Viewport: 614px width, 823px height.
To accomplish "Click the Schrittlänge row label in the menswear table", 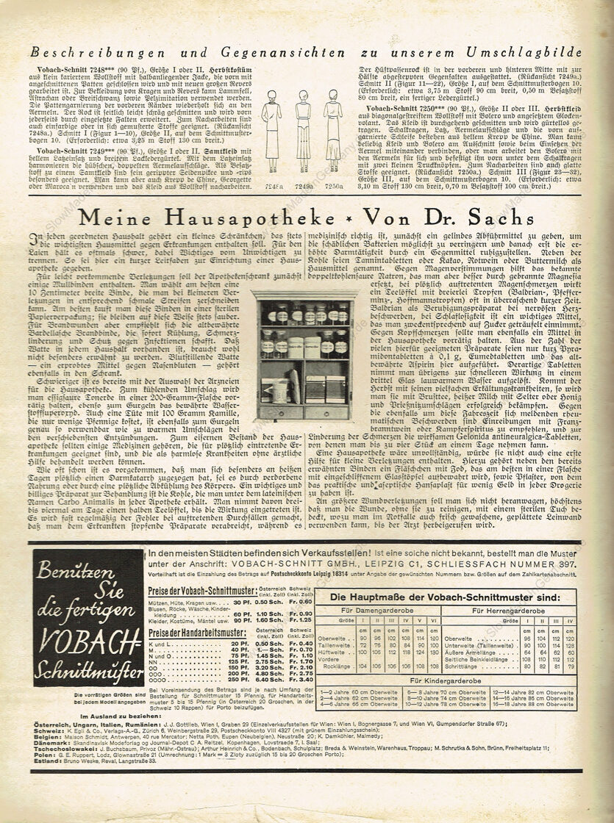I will coord(462,665).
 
